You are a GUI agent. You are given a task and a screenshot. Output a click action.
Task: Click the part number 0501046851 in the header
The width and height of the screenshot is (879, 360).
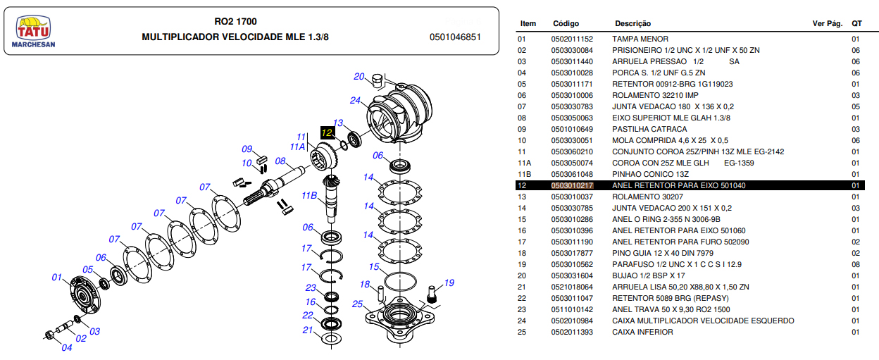(455, 37)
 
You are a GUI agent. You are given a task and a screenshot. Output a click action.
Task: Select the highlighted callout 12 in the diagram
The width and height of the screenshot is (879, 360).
(328, 132)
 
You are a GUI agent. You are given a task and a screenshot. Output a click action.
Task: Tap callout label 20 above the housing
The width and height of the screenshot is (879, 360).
(359, 77)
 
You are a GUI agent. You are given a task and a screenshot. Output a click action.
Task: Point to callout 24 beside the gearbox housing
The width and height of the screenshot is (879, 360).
(355, 100)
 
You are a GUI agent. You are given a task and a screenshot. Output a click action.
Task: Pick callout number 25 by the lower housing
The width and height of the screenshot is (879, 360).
(358, 304)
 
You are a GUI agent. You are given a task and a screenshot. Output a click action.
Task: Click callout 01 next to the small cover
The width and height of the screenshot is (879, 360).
(58, 278)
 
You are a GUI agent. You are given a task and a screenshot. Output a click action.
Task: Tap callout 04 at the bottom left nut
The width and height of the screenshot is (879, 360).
(67, 347)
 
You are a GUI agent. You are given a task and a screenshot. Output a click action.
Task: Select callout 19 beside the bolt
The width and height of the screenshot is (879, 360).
(449, 283)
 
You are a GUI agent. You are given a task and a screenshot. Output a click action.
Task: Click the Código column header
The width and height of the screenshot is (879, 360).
(566, 24)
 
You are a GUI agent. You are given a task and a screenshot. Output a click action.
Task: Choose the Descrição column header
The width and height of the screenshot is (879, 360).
(632, 24)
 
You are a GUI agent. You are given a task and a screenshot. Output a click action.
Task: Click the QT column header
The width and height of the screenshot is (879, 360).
(856, 24)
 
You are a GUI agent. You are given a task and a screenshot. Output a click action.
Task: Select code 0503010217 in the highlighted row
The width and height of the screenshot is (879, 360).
(572, 185)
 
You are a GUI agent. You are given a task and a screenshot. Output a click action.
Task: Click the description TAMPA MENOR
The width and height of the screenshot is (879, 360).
(640, 39)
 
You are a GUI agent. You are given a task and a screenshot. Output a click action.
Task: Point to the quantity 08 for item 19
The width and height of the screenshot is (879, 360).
(856, 264)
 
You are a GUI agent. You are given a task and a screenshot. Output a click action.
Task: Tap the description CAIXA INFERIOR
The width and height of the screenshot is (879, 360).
(642, 332)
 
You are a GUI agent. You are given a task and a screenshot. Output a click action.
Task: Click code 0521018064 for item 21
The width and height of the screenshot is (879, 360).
(572, 287)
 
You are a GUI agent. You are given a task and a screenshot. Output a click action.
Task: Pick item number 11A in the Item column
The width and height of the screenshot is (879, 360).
(524, 163)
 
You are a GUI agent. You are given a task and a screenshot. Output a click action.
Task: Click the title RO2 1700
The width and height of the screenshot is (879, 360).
(235, 22)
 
